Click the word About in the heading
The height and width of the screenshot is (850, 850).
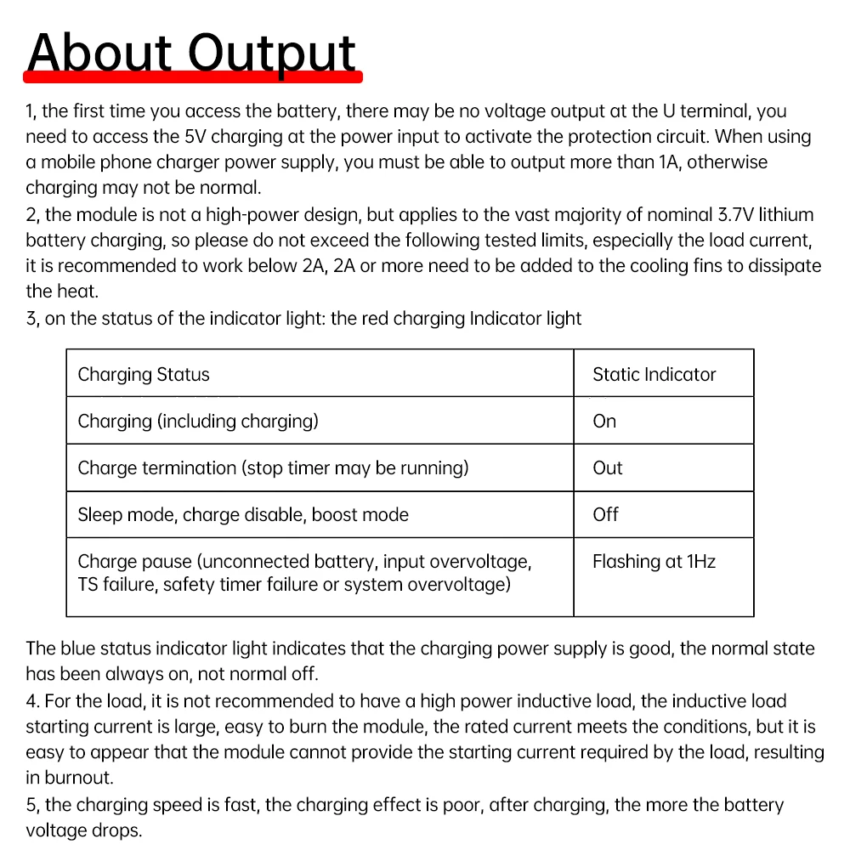pos(99,53)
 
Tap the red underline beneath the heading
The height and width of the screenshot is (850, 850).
pos(194,77)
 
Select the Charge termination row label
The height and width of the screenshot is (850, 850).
pos(273,467)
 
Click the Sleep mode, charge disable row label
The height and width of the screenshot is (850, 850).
pos(243,514)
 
